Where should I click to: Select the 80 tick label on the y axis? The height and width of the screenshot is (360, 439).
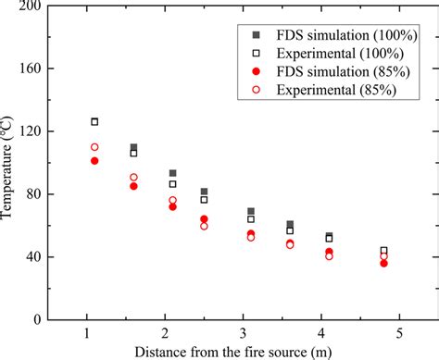33,194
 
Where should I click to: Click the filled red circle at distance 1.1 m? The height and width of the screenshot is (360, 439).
94,161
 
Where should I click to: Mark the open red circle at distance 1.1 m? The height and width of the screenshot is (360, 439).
94,147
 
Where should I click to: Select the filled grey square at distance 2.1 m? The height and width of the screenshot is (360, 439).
172,173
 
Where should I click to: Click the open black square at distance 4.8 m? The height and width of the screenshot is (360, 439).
383,251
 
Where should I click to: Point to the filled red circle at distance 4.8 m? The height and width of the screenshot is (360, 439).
383,263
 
